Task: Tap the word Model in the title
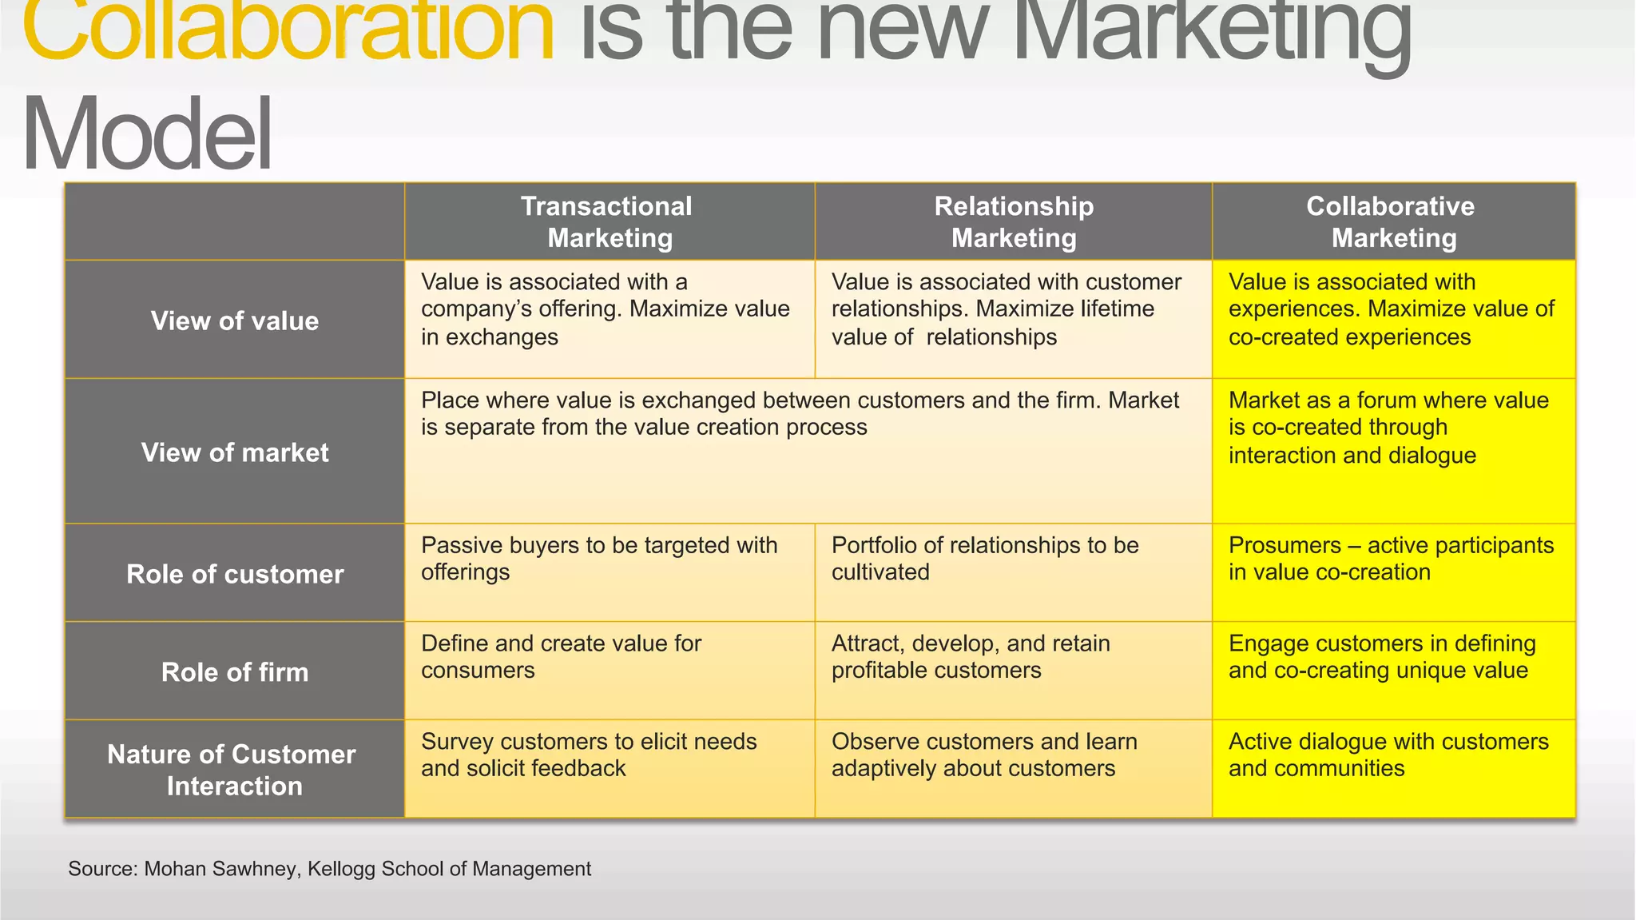pos(148,134)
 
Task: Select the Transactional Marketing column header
pos(609,222)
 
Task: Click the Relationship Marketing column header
pos(1014,222)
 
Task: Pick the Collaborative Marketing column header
pos(1393,222)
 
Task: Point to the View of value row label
pos(235,321)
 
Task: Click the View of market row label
pos(235,453)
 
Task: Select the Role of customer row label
pos(235,575)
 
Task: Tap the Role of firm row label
pos(235,672)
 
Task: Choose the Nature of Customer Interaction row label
pos(232,770)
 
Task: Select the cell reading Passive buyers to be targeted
pos(599,559)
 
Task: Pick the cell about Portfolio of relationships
pos(985,559)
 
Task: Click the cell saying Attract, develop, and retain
pos(971,657)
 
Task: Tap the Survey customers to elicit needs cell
pos(589,755)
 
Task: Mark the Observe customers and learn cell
pos(984,755)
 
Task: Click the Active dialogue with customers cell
pos(1388,755)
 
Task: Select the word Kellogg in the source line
pos(341,869)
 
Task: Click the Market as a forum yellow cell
pos(1388,428)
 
